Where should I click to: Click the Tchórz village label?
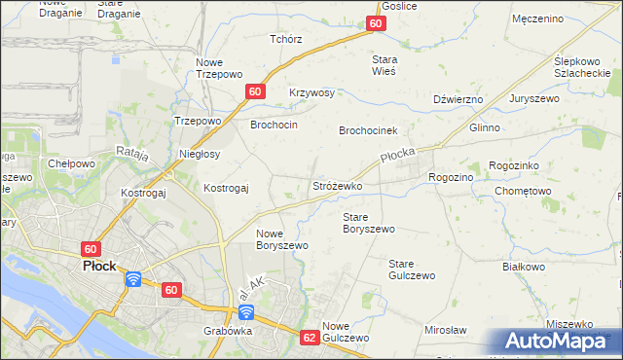pos(285,40)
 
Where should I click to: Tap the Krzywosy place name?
pos(311,93)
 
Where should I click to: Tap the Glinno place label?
pos(484,127)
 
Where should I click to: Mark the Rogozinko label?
pos(521,166)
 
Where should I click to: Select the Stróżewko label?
pos(337,185)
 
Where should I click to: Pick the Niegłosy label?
pos(200,154)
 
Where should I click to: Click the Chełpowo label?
pos(71,163)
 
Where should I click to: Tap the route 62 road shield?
pos(310,338)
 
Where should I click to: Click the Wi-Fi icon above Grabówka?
pos(246,311)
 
